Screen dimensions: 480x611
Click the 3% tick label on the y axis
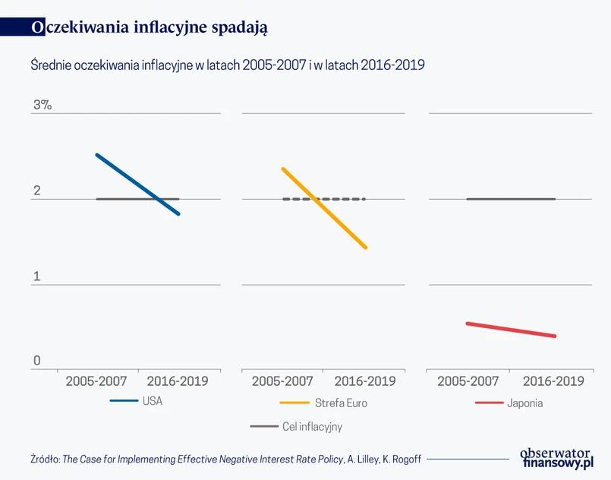click(x=42, y=106)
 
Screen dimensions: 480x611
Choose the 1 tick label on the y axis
click(x=36, y=276)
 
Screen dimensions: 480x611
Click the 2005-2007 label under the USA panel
click(x=96, y=381)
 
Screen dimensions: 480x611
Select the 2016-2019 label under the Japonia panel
click(x=553, y=381)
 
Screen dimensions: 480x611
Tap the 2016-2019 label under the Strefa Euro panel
click(x=365, y=381)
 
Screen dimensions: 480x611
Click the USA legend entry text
click(x=153, y=402)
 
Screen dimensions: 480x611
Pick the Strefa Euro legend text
click(x=342, y=403)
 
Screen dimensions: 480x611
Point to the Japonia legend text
click(x=525, y=403)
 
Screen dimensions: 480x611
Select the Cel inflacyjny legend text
click(x=312, y=427)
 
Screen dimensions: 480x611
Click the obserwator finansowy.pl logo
click(x=556, y=457)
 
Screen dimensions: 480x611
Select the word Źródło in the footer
click(x=45, y=459)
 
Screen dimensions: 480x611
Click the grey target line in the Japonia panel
click(x=510, y=199)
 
